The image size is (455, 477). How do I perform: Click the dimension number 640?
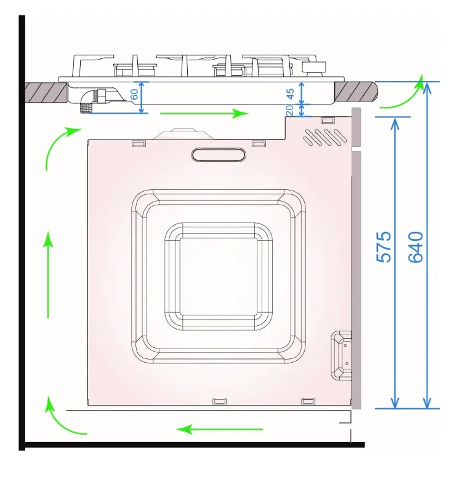(x=416, y=247)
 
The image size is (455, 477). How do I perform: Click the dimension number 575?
(x=384, y=247)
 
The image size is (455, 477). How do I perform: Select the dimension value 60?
(x=134, y=94)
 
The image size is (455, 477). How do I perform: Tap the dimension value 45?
(x=291, y=94)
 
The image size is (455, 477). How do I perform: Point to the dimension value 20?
(x=290, y=110)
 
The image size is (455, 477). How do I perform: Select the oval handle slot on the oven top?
(x=219, y=154)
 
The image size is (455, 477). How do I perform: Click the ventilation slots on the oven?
(x=325, y=136)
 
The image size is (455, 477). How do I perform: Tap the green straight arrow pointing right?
(x=204, y=114)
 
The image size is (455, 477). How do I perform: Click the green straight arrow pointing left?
(x=220, y=430)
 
